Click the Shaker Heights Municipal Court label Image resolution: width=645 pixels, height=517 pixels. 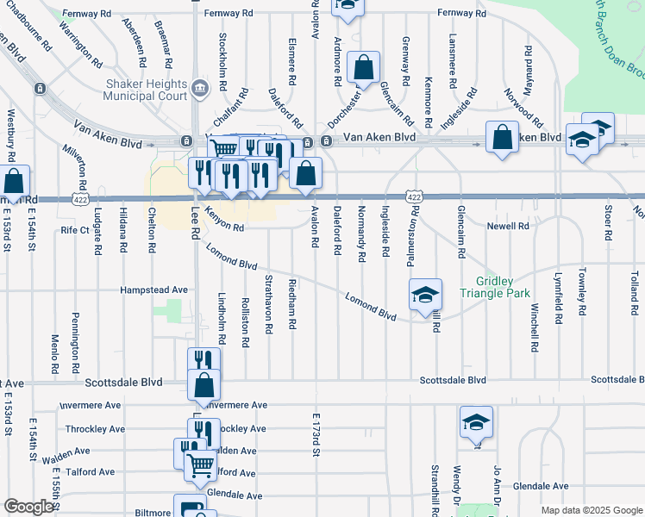(x=146, y=90)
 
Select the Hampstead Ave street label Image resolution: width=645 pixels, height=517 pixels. (x=154, y=290)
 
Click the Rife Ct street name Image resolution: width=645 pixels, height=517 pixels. (x=75, y=230)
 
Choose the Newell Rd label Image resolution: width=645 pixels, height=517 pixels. (x=507, y=226)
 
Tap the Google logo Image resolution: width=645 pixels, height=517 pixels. (x=28, y=508)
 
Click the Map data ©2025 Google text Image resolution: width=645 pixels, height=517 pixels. (x=591, y=510)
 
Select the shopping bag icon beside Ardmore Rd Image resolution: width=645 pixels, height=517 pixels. (x=364, y=68)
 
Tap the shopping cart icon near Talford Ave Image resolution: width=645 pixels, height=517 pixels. (x=200, y=464)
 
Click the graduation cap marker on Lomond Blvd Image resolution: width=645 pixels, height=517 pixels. (x=424, y=295)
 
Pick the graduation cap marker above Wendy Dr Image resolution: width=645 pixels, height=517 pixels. (x=475, y=422)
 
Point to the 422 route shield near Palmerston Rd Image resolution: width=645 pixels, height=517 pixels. (x=415, y=198)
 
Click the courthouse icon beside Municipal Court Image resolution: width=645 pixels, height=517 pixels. (x=200, y=86)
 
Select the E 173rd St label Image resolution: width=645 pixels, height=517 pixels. (x=316, y=433)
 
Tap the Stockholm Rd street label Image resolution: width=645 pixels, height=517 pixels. (x=222, y=53)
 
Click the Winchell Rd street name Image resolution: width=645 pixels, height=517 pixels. (x=535, y=327)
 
